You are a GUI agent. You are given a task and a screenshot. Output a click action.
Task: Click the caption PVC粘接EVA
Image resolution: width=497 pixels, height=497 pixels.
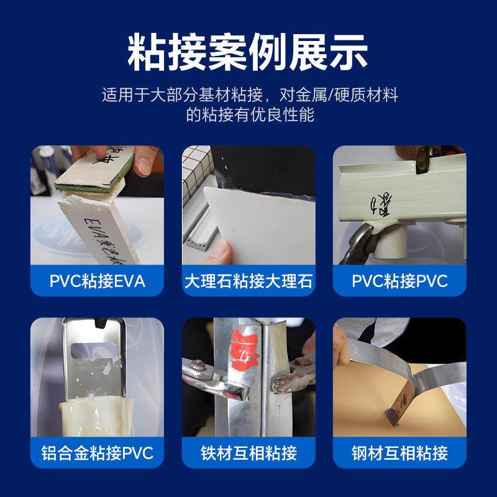pyautogui.click(x=98, y=281)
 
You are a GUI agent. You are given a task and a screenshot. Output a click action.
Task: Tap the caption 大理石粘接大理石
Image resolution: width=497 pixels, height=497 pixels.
pyautogui.click(x=248, y=281)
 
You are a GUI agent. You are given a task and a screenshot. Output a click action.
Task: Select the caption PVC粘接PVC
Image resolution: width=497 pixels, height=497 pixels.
pyautogui.click(x=399, y=281)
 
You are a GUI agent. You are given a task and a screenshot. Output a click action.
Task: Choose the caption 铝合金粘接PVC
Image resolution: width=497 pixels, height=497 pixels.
pyautogui.click(x=98, y=452)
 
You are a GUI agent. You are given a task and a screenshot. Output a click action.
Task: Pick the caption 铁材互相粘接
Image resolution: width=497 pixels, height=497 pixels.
pyautogui.click(x=248, y=452)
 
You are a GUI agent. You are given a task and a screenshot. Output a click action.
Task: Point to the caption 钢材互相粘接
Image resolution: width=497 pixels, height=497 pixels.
pyautogui.click(x=399, y=452)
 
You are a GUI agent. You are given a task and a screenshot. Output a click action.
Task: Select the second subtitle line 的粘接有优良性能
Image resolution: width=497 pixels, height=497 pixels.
pyautogui.click(x=248, y=116)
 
